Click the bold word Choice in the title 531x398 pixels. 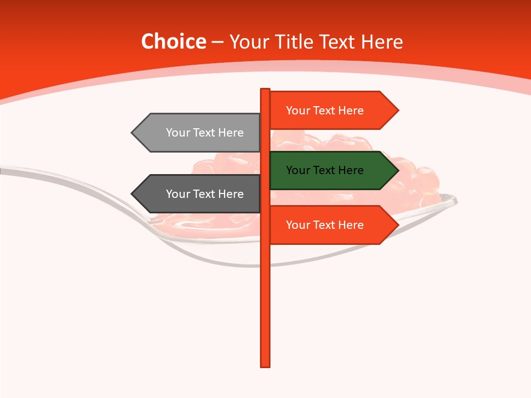pyautogui.click(x=173, y=41)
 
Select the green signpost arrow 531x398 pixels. pyautogui.click(x=332, y=170)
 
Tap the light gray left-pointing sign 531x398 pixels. pyautogui.click(x=199, y=133)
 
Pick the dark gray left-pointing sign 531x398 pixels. pyautogui.click(x=199, y=194)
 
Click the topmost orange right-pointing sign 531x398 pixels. pyautogui.click(x=332, y=111)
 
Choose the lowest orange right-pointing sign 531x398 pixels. pyautogui.click(x=332, y=225)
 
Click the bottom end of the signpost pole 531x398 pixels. pyautogui.click(x=265, y=365)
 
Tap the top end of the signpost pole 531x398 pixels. pyautogui.click(x=265, y=90)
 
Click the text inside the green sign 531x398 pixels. pyautogui.click(x=325, y=170)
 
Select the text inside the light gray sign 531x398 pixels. pyautogui.click(x=205, y=133)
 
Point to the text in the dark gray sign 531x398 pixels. pyautogui.click(x=205, y=194)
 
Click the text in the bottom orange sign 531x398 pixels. pyautogui.click(x=325, y=225)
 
